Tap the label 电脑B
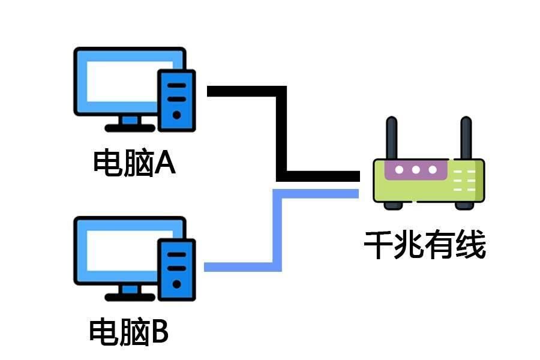pos(129,331)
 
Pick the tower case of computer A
pos(176,99)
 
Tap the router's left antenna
pos(392,138)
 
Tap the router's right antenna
pos(466,138)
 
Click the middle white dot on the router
pos(416,170)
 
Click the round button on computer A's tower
pos(176,115)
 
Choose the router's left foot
pos(393,205)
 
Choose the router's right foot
pos(464,205)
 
